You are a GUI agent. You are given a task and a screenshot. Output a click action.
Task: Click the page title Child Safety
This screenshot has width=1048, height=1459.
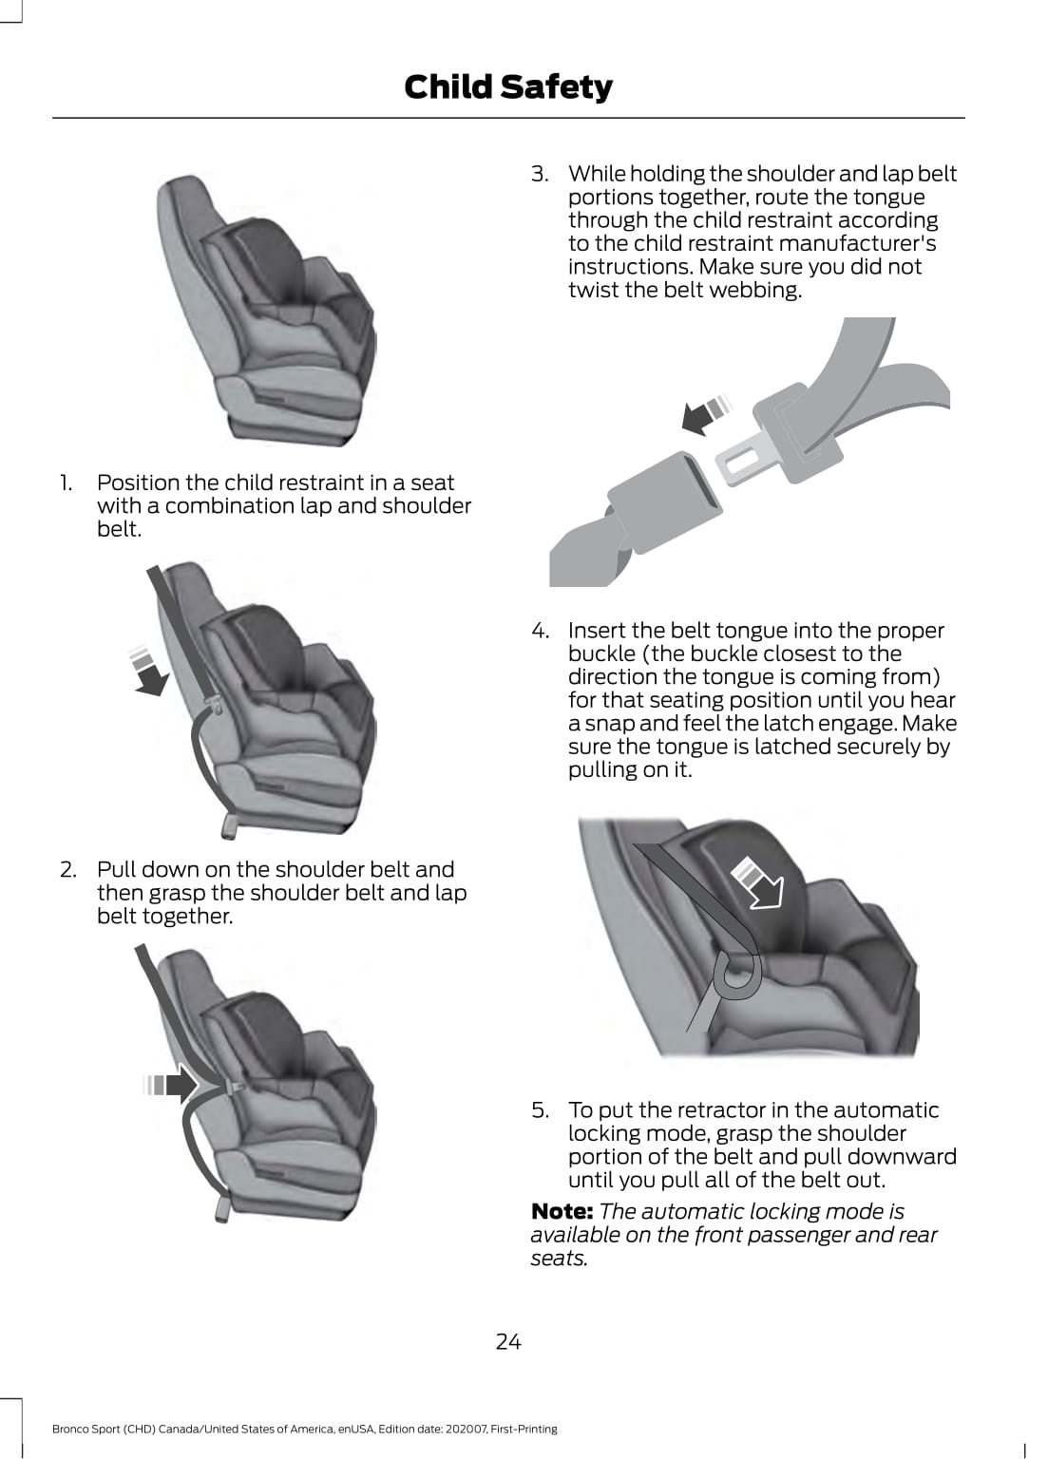pyautogui.click(x=508, y=87)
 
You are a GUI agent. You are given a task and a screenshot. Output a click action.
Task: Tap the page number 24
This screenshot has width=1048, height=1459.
pyautogui.click(x=508, y=1341)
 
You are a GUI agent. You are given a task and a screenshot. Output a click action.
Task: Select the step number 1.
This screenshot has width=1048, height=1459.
pyautogui.click(x=66, y=483)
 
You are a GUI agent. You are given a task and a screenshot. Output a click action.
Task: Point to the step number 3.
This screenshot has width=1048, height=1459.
pyautogui.click(x=541, y=174)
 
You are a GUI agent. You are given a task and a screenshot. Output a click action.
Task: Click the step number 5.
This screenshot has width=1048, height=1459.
pyautogui.click(x=541, y=1109)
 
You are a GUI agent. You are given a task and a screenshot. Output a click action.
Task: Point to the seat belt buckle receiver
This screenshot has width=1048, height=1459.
pyautogui.click(x=664, y=502)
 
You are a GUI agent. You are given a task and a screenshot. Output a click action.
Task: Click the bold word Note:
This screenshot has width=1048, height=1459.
pyautogui.click(x=562, y=1211)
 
